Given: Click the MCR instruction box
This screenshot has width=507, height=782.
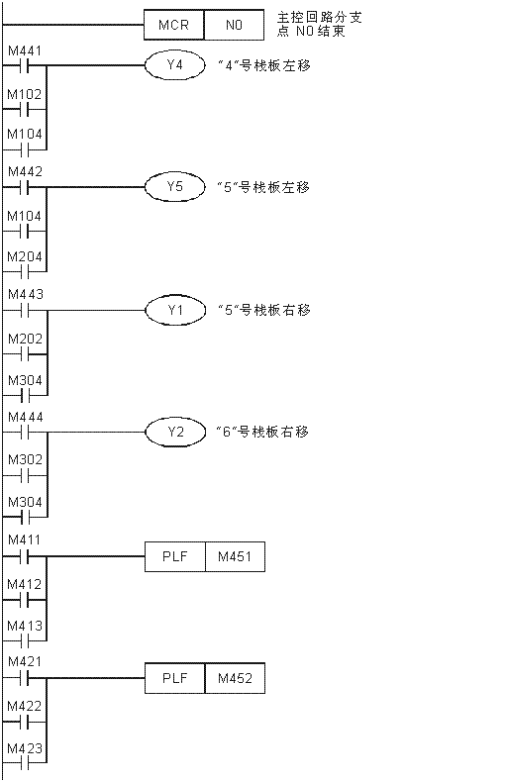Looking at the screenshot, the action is click(x=174, y=25).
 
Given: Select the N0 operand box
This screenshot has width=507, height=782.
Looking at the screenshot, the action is click(x=234, y=25).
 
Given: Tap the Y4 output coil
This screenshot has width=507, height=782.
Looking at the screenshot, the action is click(x=175, y=65).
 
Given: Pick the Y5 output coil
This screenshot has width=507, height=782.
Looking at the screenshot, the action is click(x=175, y=187).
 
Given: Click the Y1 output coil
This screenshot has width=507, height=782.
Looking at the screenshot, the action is click(x=175, y=310).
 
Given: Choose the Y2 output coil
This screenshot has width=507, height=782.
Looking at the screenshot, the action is click(x=175, y=432).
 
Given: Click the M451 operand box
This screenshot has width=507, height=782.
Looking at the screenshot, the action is click(x=235, y=556).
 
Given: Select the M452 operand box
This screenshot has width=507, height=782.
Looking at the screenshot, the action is click(x=235, y=678).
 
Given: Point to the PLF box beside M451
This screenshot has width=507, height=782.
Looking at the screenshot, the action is click(x=175, y=556).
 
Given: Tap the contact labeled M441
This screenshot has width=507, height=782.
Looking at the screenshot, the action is click(x=25, y=65).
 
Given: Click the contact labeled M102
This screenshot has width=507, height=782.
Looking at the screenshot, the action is click(x=25, y=109).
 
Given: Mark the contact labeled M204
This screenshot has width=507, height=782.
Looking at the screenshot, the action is click(x=25, y=272).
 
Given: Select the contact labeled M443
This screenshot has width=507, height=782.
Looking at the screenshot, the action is click(x=25, y=310).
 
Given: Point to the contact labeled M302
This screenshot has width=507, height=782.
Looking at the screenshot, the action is click(x=25, y=475).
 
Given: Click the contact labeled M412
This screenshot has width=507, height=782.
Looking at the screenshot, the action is click(x=25, y=600).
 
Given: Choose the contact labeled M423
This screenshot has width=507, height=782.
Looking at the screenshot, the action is click(x=25, y=763).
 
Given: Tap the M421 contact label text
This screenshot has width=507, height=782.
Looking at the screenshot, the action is click(x=25, y=662).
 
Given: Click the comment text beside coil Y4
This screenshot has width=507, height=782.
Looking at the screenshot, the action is click(x=264, y=65).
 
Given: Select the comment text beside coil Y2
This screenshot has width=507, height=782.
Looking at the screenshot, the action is click(x=263, y=432).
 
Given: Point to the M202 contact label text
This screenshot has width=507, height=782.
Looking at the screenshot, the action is click(x=25, y=340).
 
